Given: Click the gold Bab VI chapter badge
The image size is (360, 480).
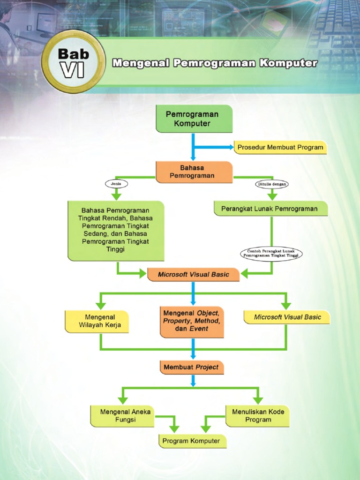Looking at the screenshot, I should coord(73,61).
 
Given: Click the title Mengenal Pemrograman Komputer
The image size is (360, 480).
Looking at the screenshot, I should coord(215,63).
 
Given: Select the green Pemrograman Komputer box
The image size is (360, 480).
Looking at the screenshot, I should coord(194,119).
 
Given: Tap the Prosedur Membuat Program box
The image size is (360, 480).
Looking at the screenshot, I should coord(280,147).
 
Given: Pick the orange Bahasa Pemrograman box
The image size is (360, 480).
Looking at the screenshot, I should coord(194,172).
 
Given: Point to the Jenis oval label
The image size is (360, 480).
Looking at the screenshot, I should coord(116,184).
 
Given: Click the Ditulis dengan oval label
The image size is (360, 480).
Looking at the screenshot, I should coord(272,184).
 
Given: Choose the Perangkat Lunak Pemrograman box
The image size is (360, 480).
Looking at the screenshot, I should coord(270,209).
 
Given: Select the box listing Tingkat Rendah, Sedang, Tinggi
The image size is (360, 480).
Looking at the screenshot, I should coord(115,230).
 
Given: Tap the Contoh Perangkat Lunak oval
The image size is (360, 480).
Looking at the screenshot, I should coord(271,254).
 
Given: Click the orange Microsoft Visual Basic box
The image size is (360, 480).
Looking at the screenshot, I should coord(193,274).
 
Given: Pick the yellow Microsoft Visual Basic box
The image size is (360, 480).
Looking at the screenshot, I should coord(287,317).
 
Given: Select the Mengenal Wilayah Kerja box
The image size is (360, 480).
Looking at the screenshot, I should coord(97,321).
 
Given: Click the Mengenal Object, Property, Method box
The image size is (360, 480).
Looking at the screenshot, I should coord(191,321).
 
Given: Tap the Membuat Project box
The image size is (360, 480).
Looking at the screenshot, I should coord(191,367).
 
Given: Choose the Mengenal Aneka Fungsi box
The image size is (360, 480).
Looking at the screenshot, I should coord(123,416).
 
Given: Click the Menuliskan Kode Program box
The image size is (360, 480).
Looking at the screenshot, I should coord(257,416).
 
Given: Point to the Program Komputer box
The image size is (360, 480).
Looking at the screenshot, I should coord(191,441).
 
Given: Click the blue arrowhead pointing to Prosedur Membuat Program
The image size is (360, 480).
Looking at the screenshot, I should coord(230,147).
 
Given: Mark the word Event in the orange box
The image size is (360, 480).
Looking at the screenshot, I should coord(199,329).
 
